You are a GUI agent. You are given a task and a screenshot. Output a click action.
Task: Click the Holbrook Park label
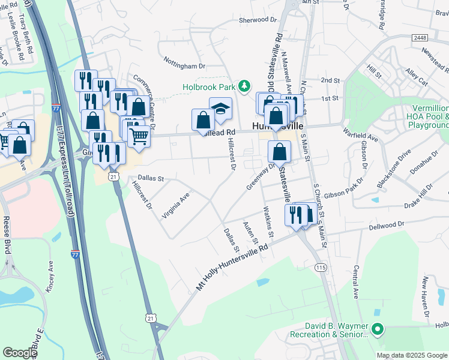click(x=209, y=87)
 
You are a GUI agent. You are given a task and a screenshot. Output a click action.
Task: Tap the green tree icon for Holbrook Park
click(x=244, y=87)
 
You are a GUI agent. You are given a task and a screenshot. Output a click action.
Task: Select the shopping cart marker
click(x=139, y=136)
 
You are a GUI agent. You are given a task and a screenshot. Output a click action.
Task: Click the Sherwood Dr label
click(x=258, y=20)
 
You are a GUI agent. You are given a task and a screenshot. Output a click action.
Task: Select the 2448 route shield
click(x=420, y=37)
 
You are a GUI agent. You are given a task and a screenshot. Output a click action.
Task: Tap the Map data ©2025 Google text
click(x=412, y=355)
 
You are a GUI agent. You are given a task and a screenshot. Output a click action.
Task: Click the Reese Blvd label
click(x=6, y=235)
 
